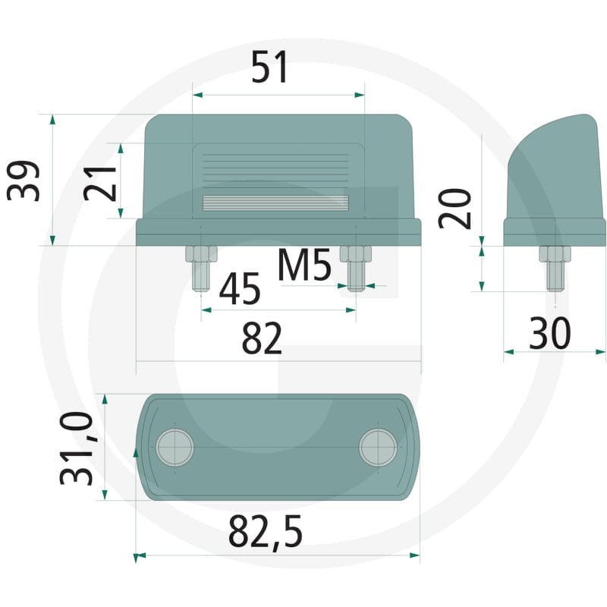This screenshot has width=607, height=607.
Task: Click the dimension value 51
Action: (269, 67)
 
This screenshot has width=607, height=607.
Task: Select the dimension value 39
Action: (24, 181)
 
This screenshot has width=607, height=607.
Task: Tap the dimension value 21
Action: (100, 183)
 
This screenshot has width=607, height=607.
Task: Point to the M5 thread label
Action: (305, 265)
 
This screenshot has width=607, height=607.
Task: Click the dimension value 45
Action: (240, 288)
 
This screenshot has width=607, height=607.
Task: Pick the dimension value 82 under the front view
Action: (262, 338)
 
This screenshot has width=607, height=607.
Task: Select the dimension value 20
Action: (455, 209)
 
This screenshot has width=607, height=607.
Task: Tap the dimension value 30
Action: (549, 333)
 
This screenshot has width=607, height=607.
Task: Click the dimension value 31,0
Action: (77, 448)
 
